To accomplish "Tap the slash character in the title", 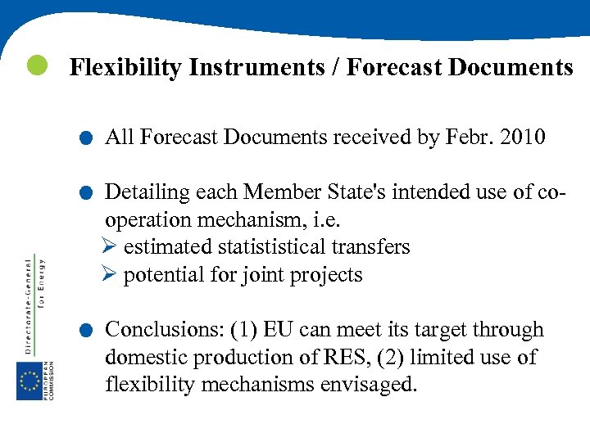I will [x=336, y=68].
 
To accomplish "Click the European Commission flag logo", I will [x=31, y=381].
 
